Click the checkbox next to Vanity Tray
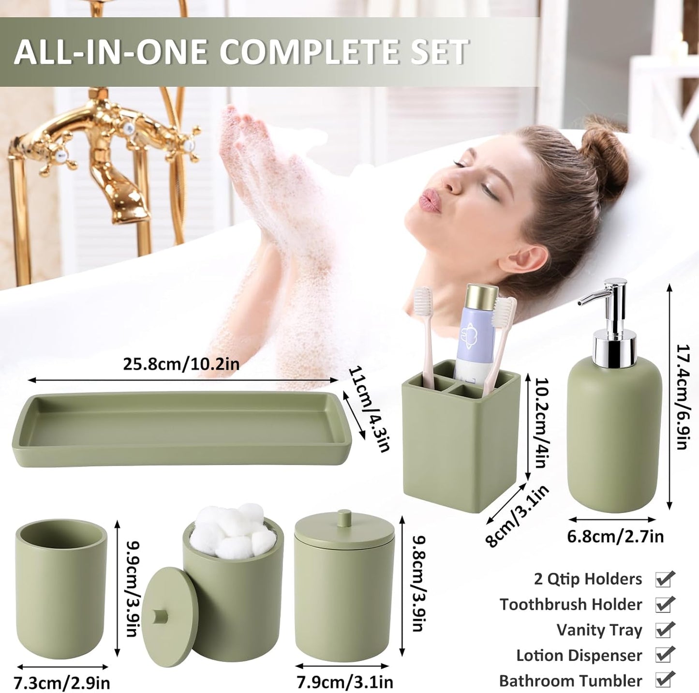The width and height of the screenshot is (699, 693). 664,630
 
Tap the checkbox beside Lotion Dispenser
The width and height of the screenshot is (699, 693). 664,655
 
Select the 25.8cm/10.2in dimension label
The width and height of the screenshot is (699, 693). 181,364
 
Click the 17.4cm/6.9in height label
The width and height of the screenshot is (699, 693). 682,397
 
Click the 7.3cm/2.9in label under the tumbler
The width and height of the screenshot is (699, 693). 62,683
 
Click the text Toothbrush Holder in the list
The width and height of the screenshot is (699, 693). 571,604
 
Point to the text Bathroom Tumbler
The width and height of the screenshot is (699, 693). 570,680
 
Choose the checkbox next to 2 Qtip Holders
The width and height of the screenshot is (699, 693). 664,579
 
